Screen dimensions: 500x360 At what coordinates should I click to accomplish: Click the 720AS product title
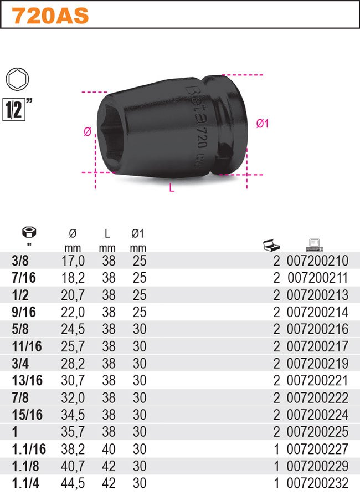pyautogui.click(x=50, y=16)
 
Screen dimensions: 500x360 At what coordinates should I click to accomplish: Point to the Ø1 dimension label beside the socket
pyautogui.click(x=262, y=124)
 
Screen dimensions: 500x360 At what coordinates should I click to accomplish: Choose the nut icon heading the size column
pyautogui.click(x=26, y=233)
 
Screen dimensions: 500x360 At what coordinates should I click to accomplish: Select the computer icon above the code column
pyautogui.click(x=314, y=244)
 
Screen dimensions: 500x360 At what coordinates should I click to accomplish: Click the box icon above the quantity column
pyautogui.click(x=270, y=244)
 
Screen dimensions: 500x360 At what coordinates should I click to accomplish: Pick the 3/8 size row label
pyautogui.click(x=20, y=261)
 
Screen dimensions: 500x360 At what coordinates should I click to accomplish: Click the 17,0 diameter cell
pyautogui.click(x=73, y=261)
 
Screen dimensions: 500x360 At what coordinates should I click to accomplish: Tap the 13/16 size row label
pyautogui.click(x=26, y=380)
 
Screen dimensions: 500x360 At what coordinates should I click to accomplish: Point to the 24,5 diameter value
pyautogui.click(x=73, y=329)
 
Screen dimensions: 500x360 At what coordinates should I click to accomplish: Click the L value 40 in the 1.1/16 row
pyautogui.click(x=109, y=449)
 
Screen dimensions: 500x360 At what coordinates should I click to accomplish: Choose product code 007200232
pyautogui.click(x=317, y=483)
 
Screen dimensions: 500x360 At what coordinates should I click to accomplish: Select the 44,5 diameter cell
pyautogui.click(x=73, y=483)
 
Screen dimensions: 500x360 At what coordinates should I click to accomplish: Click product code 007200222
pyautogui.click(x=317, y=397)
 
